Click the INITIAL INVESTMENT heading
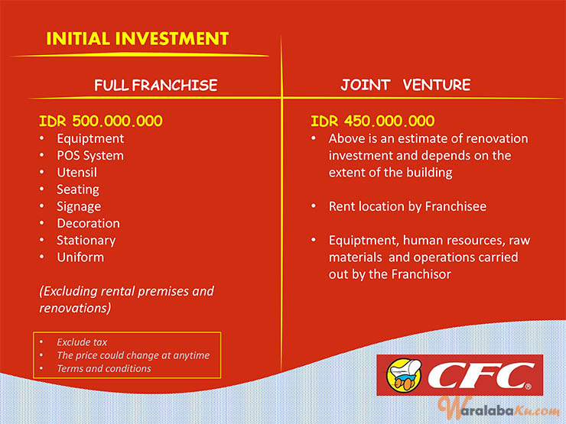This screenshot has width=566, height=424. (x=138, y=38)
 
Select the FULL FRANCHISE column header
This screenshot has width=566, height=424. (x=155, y=85)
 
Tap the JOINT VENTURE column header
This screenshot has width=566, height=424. (x=405, y=85)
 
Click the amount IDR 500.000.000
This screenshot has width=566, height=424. (x=101, y=121)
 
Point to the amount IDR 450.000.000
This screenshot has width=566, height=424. (x=372, y=121)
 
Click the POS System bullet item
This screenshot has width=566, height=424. (x=90, y=155)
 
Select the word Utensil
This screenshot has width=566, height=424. (x=77, y=173)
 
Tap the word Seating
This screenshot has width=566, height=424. (x=78, y=189)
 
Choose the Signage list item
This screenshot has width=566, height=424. (x=79, y=206)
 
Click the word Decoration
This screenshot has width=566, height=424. (x=89, y=223)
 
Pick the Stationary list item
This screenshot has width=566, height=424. (x=86, y=241)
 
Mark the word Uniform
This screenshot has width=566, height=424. (x=80, y=257)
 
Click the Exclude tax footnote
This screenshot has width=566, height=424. (x=82, y=341)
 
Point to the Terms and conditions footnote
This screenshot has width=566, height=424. (x=104, y=368)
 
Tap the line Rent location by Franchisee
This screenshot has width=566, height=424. (x=408, y=206)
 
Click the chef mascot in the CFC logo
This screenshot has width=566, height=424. (x=404, y=374)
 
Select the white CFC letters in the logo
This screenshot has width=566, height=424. (x=480, y=375)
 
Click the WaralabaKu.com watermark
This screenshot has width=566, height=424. (x=499, y=409)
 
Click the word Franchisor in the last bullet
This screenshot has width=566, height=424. (x=421, y=274)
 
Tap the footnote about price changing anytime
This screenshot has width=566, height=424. (x=133, y=355)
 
